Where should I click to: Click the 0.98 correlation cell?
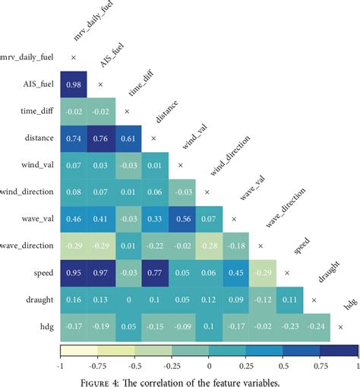74,84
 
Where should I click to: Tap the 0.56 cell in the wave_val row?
180,219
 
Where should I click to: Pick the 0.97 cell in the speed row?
100,273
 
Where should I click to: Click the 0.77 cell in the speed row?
153,273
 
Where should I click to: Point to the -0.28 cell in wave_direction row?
207,246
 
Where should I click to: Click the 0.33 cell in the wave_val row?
153,219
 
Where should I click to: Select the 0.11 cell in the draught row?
287,300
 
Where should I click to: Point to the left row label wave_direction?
27,246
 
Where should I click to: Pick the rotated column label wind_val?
192,143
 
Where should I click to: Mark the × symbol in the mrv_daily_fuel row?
74,57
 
